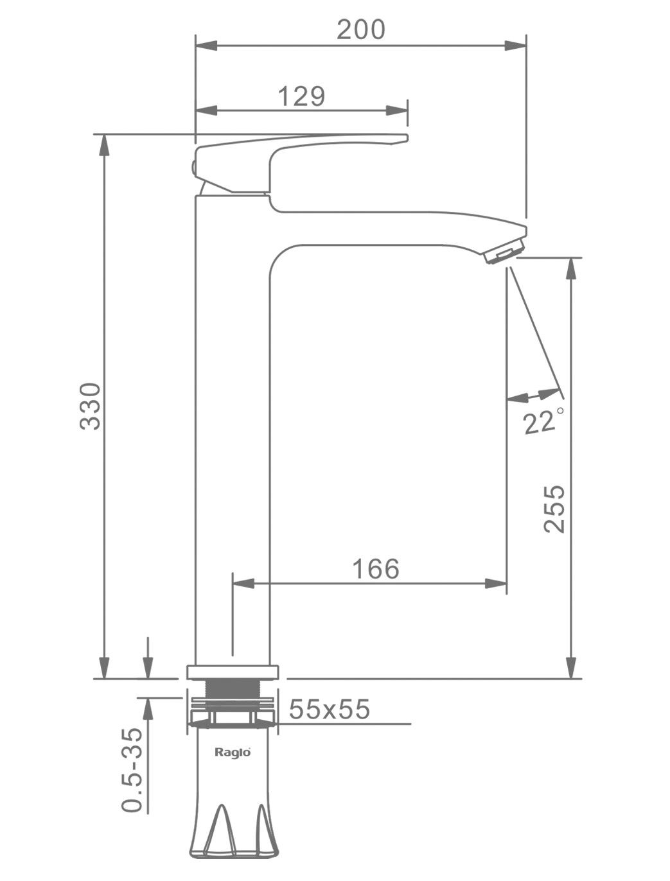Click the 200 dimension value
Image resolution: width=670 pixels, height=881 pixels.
click(360, 30)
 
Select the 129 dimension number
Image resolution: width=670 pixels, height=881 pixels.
click(301, 96)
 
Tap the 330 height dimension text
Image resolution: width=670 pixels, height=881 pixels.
click(90, 406)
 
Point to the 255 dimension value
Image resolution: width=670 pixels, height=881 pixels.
click(554, 509)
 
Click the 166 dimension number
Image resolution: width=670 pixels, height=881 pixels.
click(376, 569)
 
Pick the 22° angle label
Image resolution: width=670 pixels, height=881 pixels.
click(543, 421)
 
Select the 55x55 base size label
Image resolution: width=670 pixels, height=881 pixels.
click(329, 709)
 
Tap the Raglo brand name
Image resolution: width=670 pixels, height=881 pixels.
click(233, 752)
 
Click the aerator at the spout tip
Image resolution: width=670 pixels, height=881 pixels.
click(504, 252)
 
